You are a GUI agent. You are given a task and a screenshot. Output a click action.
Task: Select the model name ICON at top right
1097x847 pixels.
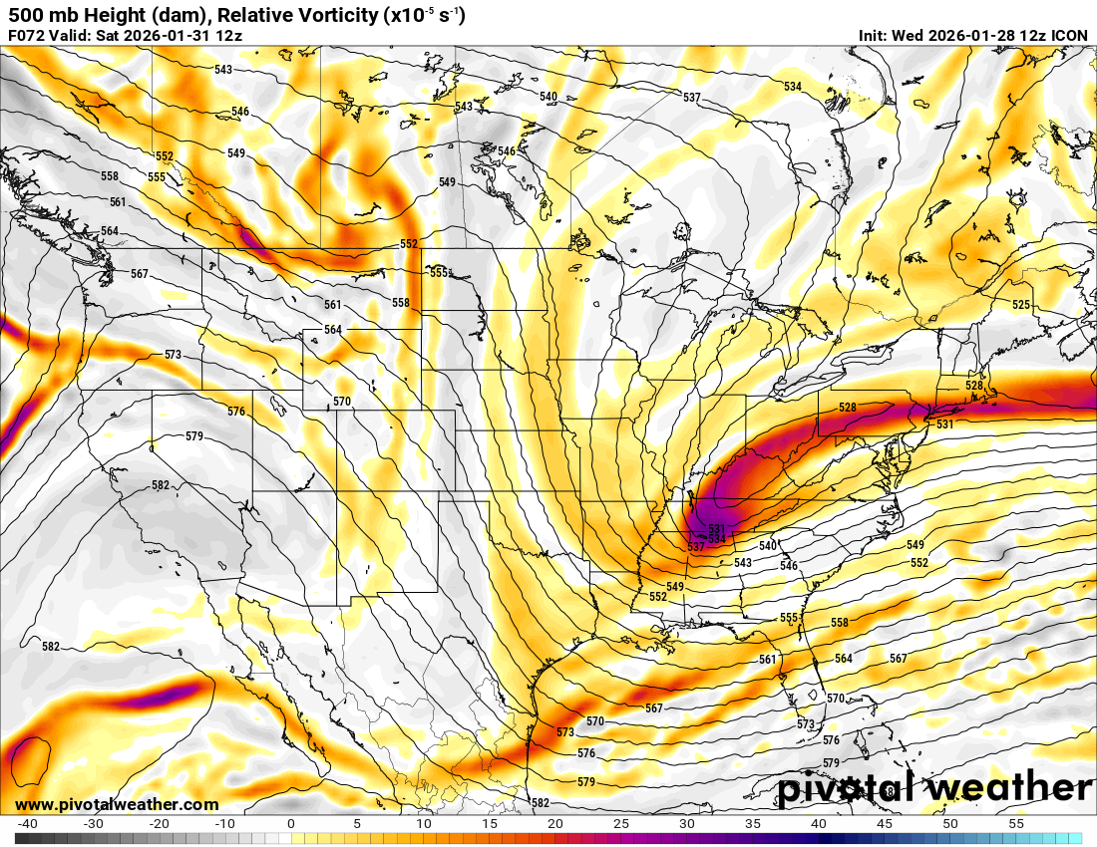tap(1070, 35)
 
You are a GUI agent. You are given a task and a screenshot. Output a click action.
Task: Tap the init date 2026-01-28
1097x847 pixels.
tap(966, 35)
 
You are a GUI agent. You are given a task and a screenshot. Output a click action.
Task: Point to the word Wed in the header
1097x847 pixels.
tap(911, 35)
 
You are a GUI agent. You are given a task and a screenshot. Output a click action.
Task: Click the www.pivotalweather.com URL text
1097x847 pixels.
tap(117, 804)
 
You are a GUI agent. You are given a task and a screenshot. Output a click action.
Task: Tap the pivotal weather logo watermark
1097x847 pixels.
tap(935, 788)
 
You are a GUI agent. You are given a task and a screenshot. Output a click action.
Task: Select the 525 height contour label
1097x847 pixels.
tap(1021, 304)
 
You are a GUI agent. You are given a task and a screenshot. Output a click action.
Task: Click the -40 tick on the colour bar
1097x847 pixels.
tap(27, 824)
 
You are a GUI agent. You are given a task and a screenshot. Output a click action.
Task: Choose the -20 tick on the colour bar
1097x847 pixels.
tap(159, 824)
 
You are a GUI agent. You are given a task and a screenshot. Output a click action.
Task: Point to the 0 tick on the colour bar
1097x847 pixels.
tap(290, 824)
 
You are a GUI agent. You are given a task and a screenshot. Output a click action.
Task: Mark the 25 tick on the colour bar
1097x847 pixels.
tap(621, 824)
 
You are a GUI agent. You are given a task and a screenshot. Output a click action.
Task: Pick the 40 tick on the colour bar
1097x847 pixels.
tap(819, 824)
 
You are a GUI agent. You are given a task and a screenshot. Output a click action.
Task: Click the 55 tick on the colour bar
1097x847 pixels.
tap(1016, 824)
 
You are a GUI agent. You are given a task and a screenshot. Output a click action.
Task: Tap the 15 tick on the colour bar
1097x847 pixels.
tap(490, 824)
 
